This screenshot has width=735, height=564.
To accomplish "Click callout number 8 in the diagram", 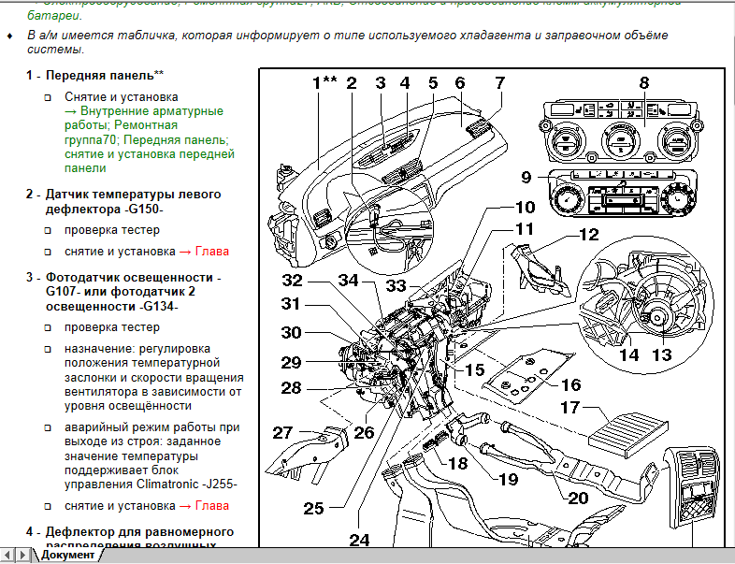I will pos(643,82).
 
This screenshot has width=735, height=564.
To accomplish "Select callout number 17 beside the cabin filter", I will pos(571,408).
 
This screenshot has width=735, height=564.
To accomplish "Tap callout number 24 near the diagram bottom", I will pos(360,540).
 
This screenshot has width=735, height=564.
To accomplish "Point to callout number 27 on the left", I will pos(283,432).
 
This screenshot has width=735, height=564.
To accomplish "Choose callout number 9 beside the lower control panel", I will pos(526,178).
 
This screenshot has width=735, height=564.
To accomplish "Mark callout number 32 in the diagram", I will pos(294,282).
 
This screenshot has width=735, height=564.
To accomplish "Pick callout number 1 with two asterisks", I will pos(324,82).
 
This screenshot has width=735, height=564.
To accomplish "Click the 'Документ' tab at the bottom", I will pos(67,555).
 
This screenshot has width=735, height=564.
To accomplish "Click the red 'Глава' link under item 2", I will pos(210,252).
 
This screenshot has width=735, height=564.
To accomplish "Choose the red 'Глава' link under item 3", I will pos(210,506).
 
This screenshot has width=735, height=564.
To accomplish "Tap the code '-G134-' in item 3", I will pos(156,307).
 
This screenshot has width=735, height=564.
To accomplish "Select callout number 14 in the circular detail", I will pos(628,355).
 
